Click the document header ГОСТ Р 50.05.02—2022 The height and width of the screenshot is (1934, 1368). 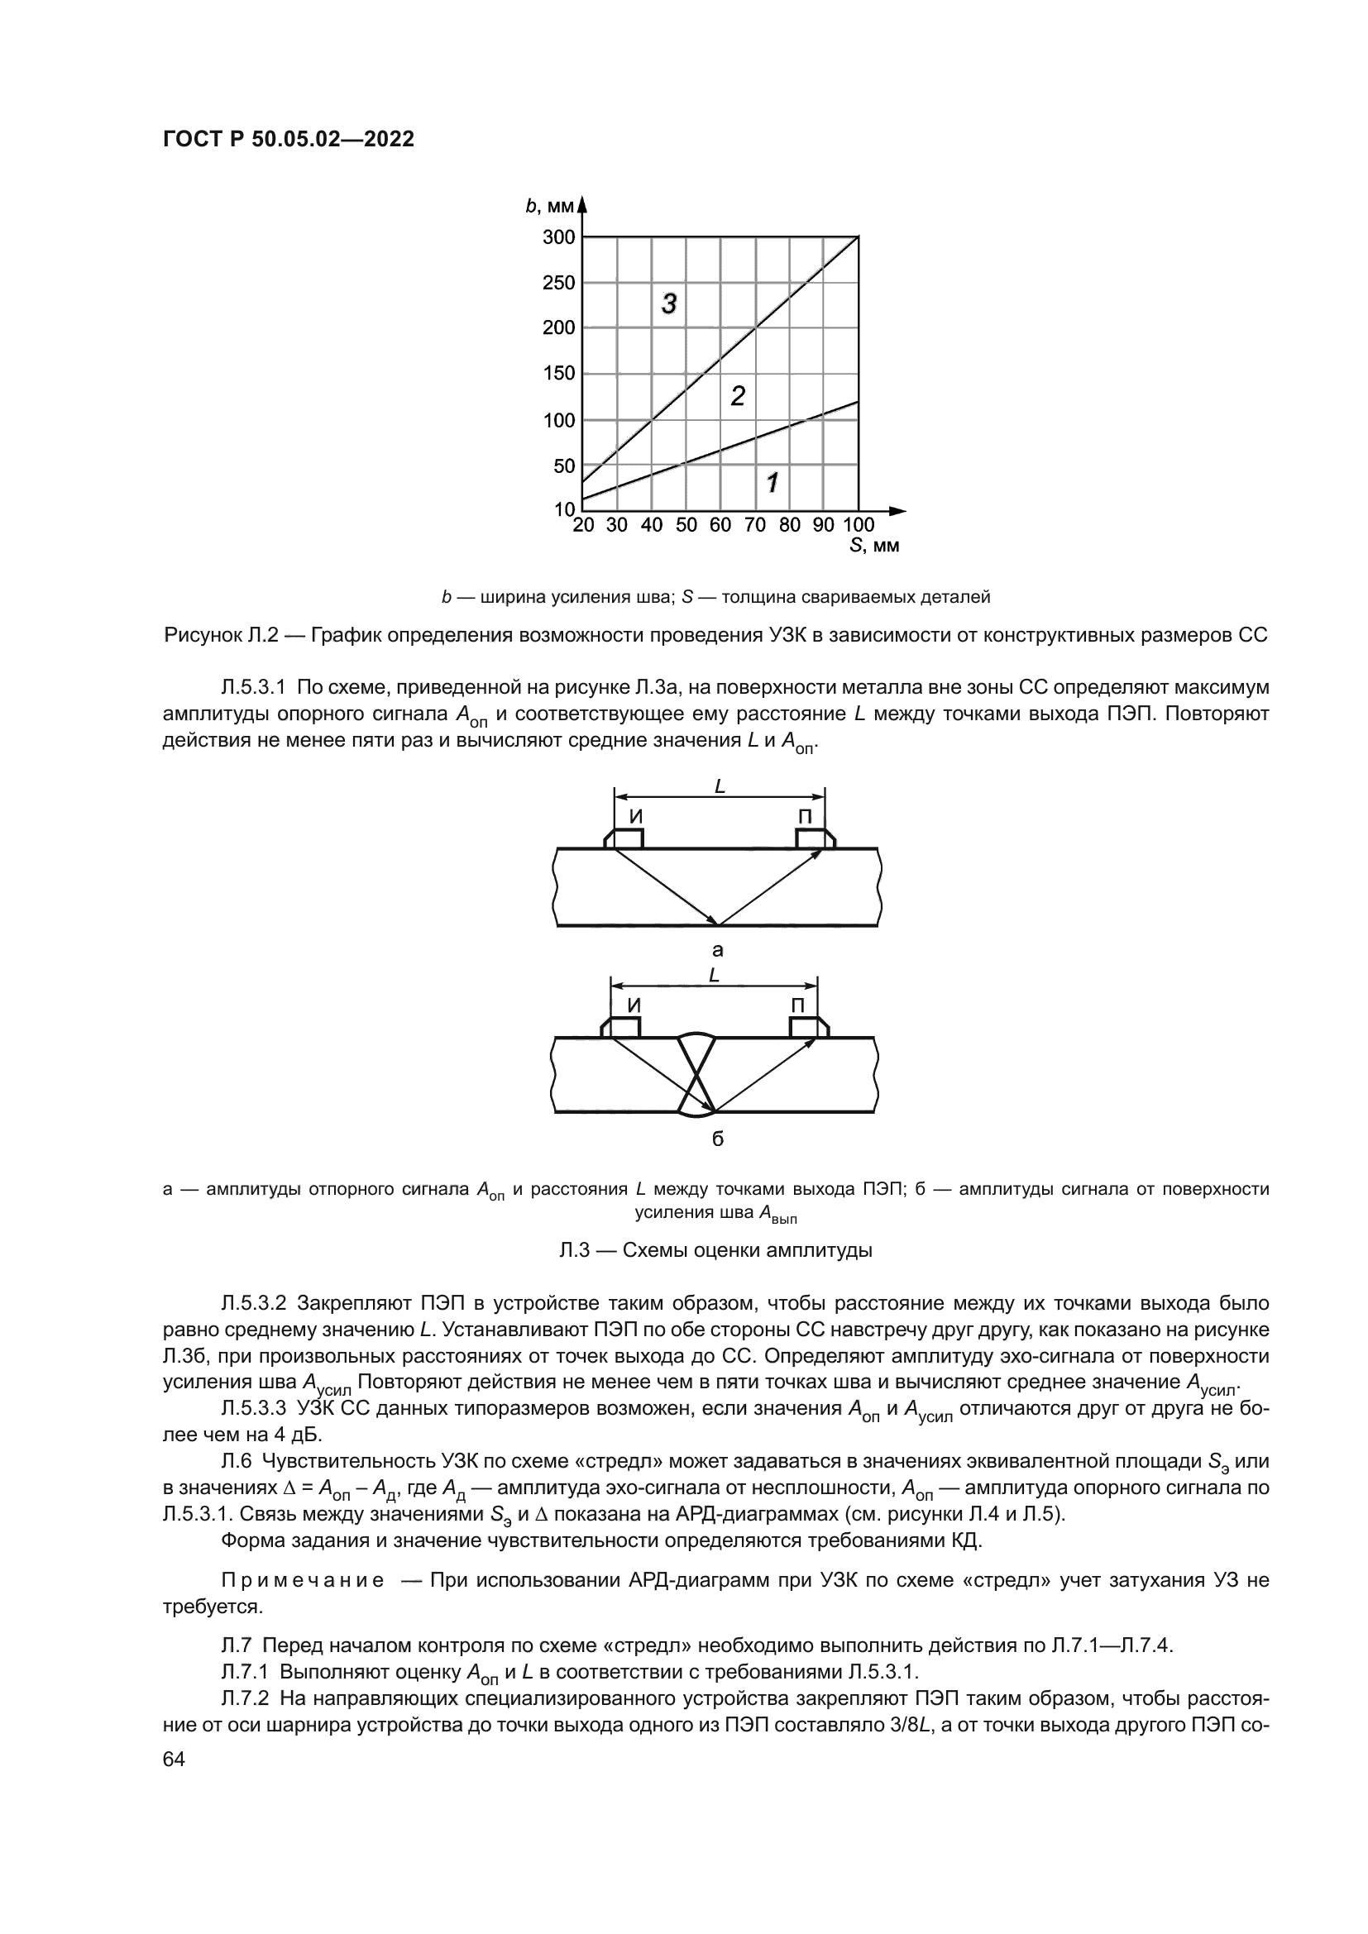[x=288, y=140]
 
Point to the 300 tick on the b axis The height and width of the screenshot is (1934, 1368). [x=558, y=237]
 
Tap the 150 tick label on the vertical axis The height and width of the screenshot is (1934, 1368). [x=558, y=373]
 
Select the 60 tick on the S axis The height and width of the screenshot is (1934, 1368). [x=720, y=526]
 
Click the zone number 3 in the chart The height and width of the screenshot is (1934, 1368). [x=669, y=303]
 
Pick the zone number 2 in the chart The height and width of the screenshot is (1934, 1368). [x=737, y=396]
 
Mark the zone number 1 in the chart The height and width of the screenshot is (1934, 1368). [x=772, y=483]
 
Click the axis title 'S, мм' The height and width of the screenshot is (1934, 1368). [x=874, y=546]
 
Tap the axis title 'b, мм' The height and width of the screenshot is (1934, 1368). [x=549, y=207]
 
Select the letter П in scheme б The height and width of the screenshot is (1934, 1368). [x=796, y=1005]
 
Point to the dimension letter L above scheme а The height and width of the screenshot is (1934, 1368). [x=720, y=786]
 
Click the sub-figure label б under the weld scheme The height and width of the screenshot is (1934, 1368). [x=718, y=1139]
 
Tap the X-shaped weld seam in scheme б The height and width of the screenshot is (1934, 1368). [x=696, y=1074]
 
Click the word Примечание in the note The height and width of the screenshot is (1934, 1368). [x=303, y=1580]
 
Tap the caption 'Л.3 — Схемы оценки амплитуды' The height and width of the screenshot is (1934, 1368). [x=716, y=1250]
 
